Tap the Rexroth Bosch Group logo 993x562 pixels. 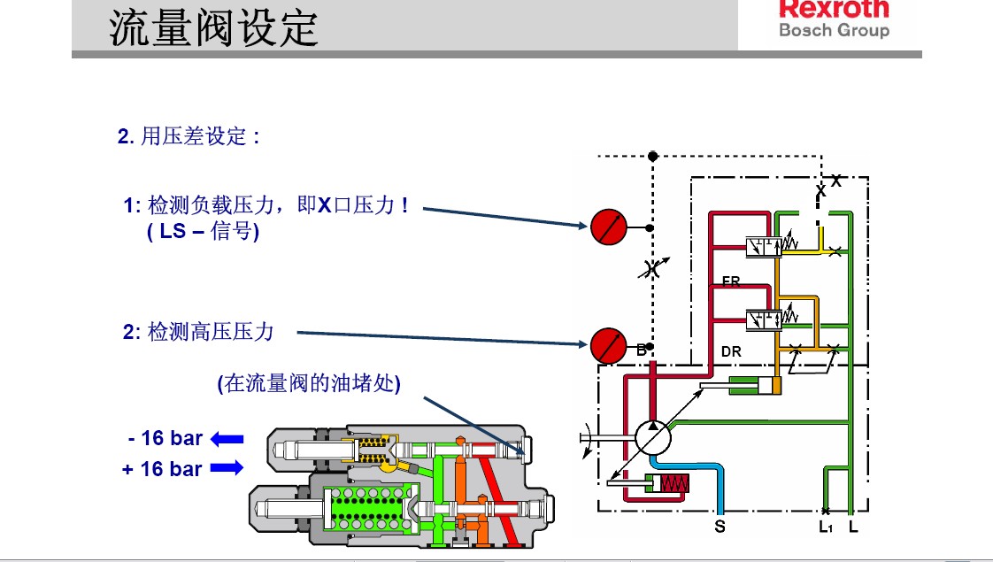[833, 19]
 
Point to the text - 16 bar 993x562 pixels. [165, 438]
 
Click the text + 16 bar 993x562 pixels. [163, 469]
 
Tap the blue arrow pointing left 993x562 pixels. [227, 438]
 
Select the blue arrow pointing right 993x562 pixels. [227, 468]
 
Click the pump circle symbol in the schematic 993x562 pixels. [653, 436]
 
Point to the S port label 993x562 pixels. [720, 527]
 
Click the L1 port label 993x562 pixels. [826, 527]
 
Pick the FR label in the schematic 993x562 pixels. [731, 282]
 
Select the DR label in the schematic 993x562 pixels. [731, 351]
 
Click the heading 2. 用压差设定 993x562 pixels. [189, 137]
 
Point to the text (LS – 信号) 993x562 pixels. [203, 233]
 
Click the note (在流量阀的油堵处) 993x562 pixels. [309, 384]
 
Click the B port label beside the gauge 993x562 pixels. [641, 350]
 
